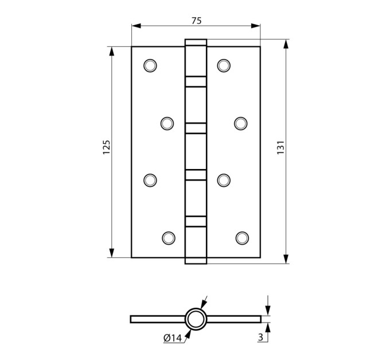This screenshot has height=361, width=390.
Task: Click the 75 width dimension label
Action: point(196,21)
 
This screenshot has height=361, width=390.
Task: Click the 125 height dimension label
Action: point(107,147)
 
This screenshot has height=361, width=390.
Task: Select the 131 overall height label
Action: point(280,147)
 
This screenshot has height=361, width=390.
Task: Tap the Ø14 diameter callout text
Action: point(173,338)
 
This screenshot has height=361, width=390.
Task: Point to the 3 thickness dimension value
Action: point(260,337)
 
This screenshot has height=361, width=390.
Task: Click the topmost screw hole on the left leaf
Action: point(150,65)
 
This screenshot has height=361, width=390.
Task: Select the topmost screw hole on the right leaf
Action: point(224,65)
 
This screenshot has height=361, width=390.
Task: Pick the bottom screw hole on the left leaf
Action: point(169,238)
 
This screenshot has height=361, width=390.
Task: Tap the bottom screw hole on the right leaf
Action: point(242,238)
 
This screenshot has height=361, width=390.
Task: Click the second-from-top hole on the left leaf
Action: point(167,123)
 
